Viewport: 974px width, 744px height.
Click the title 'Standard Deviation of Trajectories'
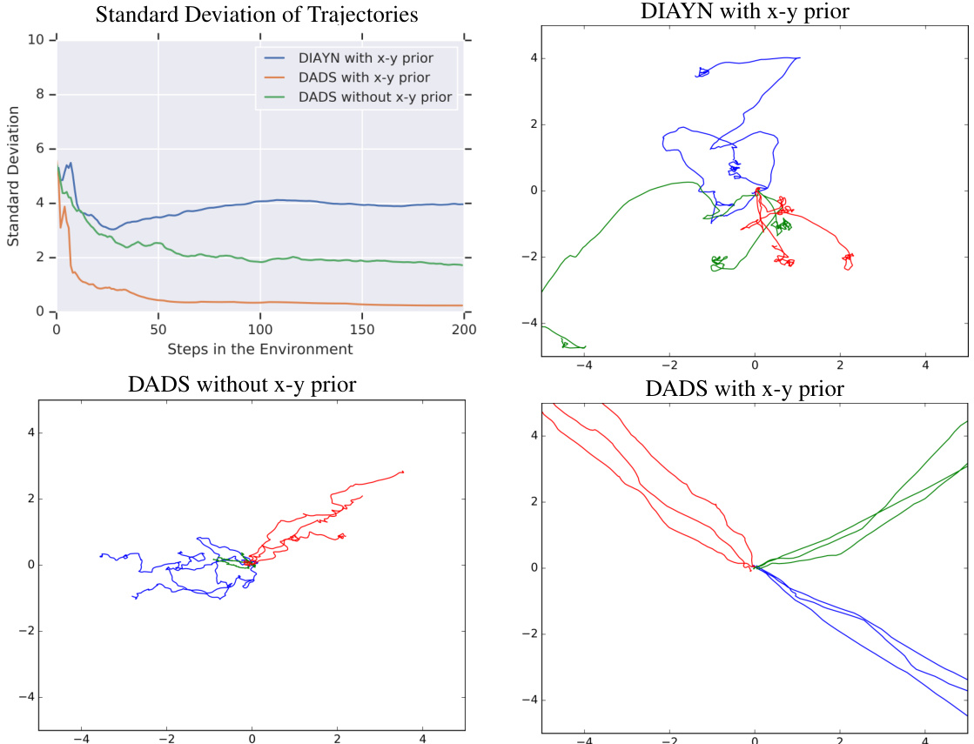(255, 15)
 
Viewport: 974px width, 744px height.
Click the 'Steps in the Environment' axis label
(260, 349)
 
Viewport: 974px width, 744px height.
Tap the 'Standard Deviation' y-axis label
(14, 176)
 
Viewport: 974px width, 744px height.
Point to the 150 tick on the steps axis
(361, 329)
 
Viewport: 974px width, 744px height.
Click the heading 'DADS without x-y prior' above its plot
(242, 384)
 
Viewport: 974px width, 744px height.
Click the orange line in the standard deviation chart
(261, 302)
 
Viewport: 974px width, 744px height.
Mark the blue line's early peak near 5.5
(70, 163)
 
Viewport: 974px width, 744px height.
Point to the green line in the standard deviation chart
(261, 260)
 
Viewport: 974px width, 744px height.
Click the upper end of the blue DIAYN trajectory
(799, 58)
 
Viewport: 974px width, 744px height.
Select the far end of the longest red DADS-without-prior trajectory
(403, 472)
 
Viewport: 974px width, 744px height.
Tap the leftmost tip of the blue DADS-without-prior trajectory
(101, 554)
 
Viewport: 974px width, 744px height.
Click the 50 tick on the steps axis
(158, 329)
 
